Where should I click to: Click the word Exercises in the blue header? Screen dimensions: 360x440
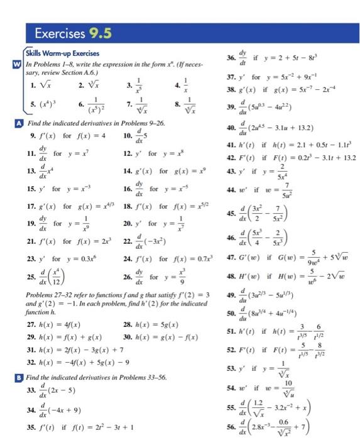pos(61,32)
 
